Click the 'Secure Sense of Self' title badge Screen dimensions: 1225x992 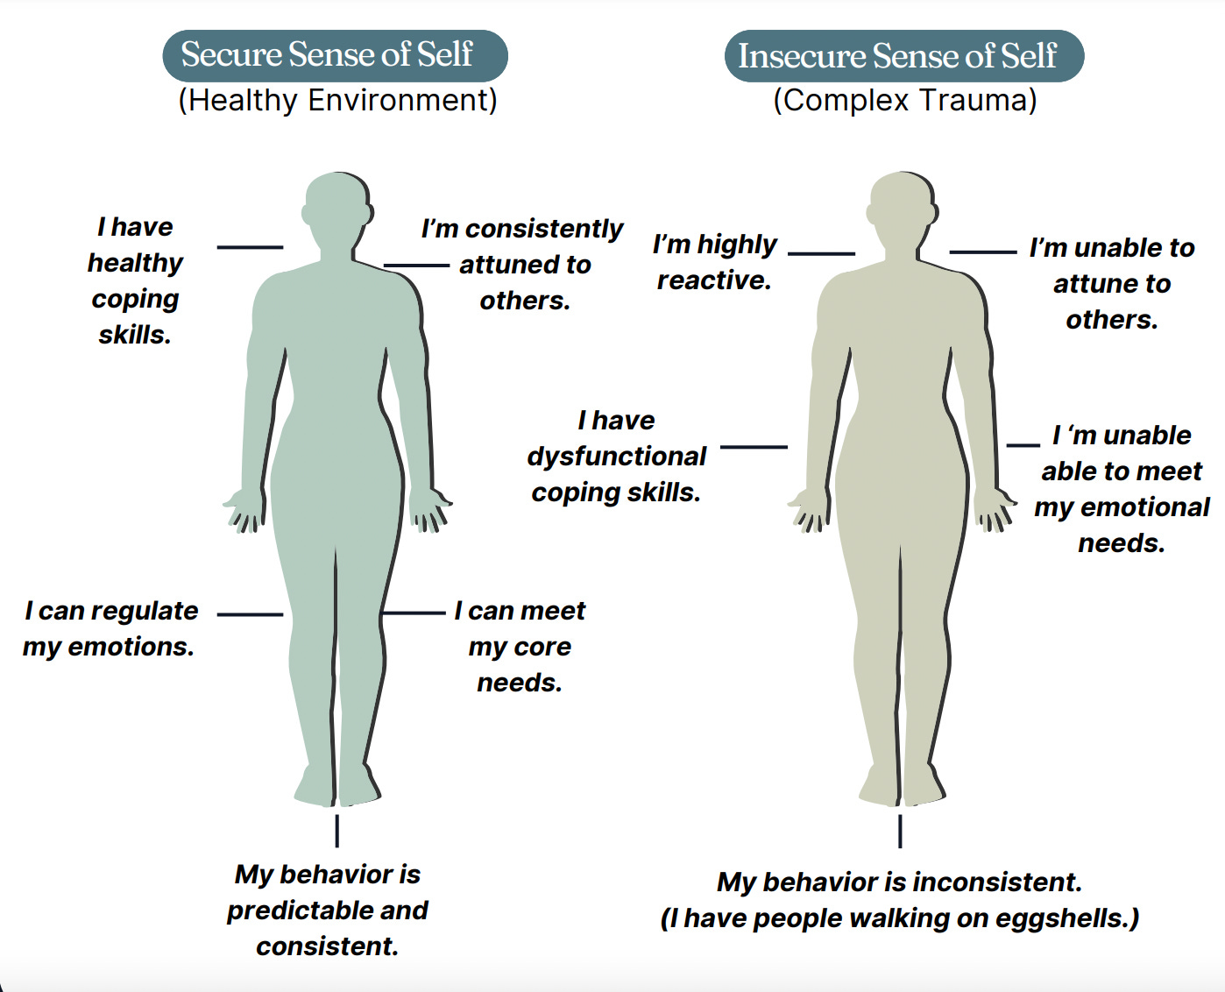[335, 55]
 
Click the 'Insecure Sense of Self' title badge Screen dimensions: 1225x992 [903, 57]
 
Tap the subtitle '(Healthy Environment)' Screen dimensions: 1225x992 [337, 101]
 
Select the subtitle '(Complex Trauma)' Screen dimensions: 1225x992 [904, 101]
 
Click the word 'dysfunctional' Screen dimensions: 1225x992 [616, 457]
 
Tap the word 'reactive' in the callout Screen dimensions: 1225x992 [713, 280]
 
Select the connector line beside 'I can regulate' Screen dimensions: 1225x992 [250, 614]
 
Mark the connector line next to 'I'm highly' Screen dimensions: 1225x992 [821, 253]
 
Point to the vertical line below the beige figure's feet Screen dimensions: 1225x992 [900, 831]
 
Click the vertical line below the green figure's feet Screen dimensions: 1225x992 [336, 831]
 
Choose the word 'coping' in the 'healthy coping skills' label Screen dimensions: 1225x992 [135, 299]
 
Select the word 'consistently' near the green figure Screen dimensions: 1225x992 [543, 229]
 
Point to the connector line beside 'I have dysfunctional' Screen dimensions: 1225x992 [754, 447]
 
